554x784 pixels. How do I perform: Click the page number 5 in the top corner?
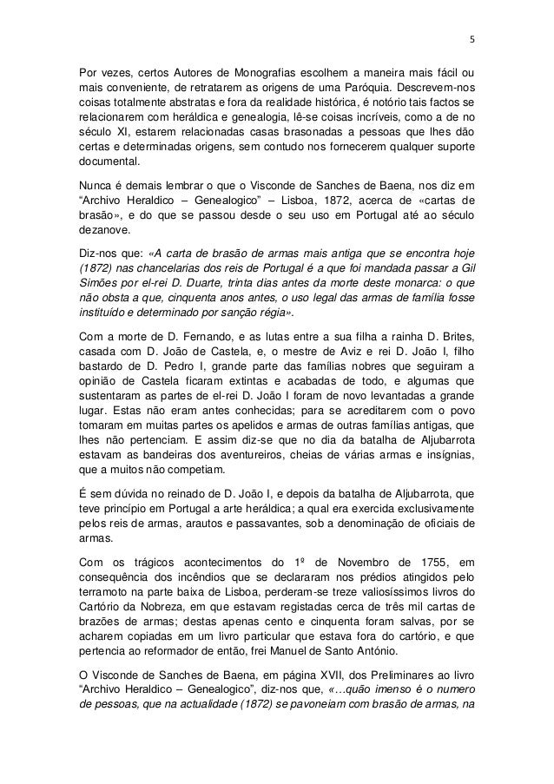click(472, 38)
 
